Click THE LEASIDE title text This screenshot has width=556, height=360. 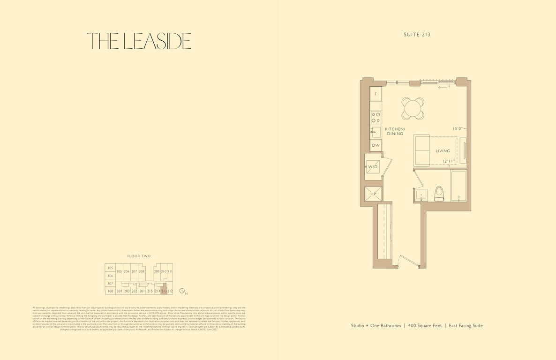(139, 41)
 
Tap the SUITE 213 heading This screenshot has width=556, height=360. (417, 35)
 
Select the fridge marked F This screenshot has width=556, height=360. (376, 94)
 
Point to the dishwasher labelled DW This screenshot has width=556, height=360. (376, 146)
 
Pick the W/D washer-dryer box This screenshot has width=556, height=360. (373, 167)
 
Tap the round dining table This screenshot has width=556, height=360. (413, 109)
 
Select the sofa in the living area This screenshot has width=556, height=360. (422, 150)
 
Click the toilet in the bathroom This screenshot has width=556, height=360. (439, 193)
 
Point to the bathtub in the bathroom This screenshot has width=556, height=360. (458, 186)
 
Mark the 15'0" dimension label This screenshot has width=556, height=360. (458, 128)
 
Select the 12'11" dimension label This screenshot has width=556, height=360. (449, 161)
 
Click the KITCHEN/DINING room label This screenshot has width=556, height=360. (395, 131)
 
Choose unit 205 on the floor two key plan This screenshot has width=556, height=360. (119, 271)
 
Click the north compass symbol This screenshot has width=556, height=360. (182, 291)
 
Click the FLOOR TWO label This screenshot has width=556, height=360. (139, 256)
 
